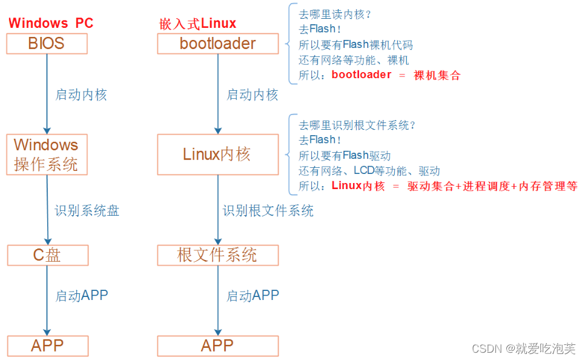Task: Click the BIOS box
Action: point(47,44)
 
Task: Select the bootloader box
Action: point(217,44)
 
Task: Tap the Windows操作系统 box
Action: point(47,155)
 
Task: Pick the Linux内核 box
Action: point(217,155)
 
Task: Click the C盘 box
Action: point(47,255)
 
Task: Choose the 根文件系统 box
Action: point(217,255)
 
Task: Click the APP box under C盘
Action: point(47,346)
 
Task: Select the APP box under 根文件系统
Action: point(217,346)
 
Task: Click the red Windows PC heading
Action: point(51,23)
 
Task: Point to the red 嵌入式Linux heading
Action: point(197,24)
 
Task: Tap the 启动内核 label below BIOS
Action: point(81,95)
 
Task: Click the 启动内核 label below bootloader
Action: point(252,95)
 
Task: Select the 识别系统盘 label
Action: point(87,211)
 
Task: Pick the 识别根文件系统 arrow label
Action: point(268,211)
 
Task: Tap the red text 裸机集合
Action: point(437,75)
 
